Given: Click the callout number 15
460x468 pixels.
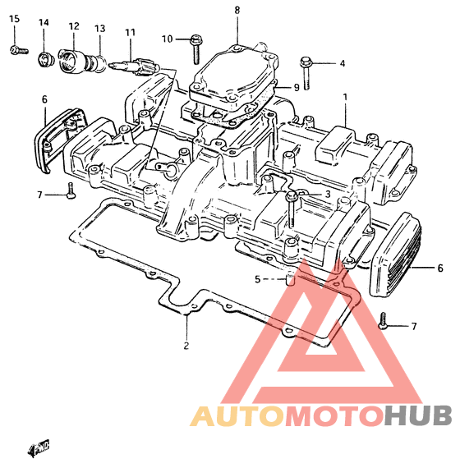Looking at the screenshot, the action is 14,19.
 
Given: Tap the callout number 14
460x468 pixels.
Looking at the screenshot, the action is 44,23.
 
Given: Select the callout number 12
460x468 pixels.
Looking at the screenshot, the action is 74,26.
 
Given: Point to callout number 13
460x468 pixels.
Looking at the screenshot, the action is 100,29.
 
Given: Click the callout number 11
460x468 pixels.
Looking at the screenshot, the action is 131,32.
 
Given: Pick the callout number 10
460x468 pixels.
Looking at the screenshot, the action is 168,39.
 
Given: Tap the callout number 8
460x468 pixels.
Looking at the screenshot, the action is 237,11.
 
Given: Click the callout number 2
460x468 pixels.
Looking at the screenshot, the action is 186,346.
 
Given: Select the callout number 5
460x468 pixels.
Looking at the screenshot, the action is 257,279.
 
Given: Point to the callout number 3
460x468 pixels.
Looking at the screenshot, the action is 328,195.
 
